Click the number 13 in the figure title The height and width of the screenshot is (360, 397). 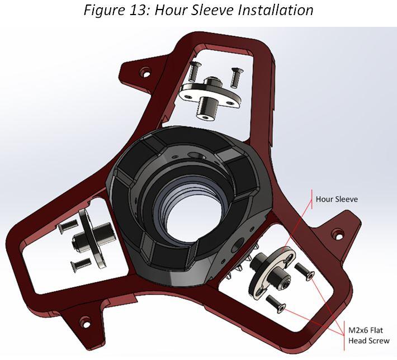[139, 10]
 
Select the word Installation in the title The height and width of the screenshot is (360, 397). [276, 10]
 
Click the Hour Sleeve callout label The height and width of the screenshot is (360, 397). [337, 199]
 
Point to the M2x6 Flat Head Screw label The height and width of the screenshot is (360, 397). [368, 335]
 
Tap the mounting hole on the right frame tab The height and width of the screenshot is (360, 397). [338, 234]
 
